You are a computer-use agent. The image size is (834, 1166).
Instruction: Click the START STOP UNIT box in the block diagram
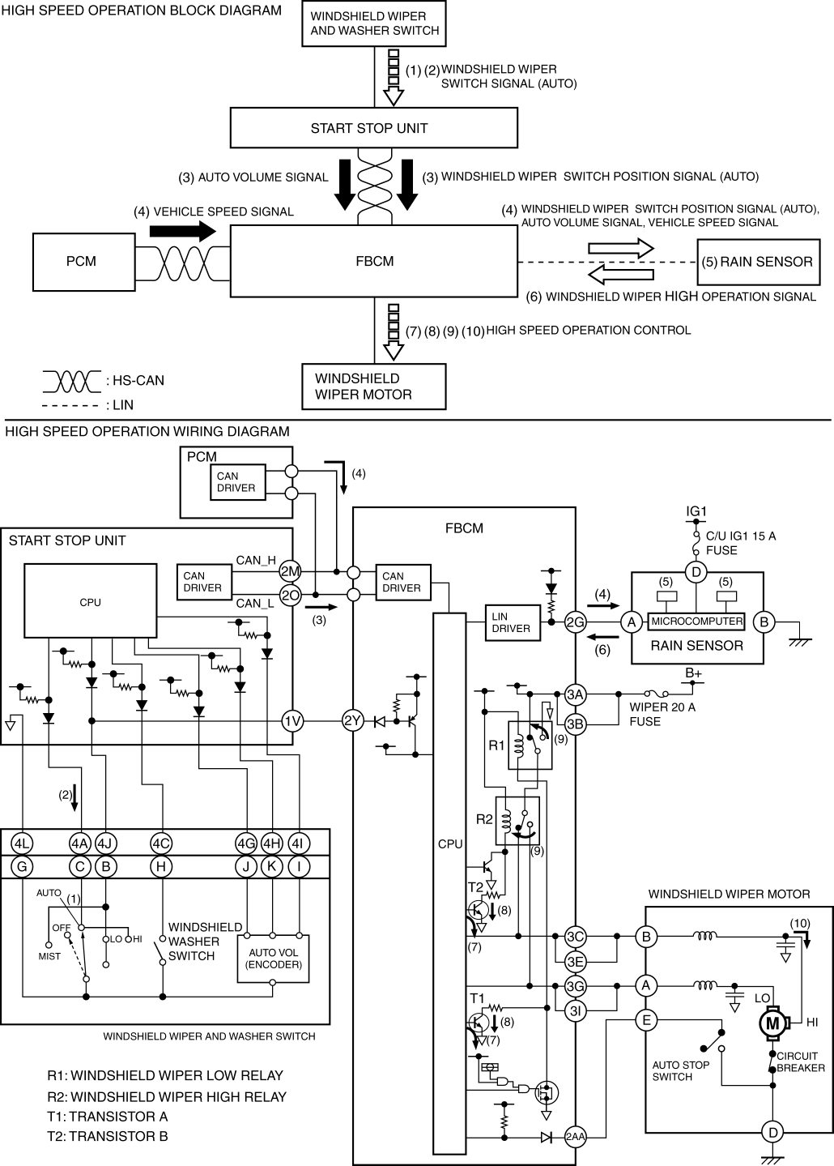point(373,128)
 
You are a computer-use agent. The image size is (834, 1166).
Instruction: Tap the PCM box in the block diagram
point(81,261)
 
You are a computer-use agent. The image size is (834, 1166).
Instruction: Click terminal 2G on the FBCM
point(576,622)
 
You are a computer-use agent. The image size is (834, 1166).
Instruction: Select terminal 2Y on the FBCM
point(353,721)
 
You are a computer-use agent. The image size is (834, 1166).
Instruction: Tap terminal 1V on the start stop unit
point(292,721)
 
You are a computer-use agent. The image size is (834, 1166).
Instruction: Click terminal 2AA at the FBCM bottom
point(575,1138)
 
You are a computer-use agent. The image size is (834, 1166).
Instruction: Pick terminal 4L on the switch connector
point(23,844)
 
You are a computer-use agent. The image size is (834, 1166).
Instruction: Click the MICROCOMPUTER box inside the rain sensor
point(696,621)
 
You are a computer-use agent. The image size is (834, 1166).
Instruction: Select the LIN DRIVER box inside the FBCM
point(511,621)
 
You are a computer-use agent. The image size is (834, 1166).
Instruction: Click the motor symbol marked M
point(772,1023)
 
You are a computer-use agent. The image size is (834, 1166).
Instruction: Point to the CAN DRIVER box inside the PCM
point(236,482)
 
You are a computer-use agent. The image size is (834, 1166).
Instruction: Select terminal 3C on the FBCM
point(576,937)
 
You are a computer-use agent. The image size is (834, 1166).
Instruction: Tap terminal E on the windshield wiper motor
point(646,1020)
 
